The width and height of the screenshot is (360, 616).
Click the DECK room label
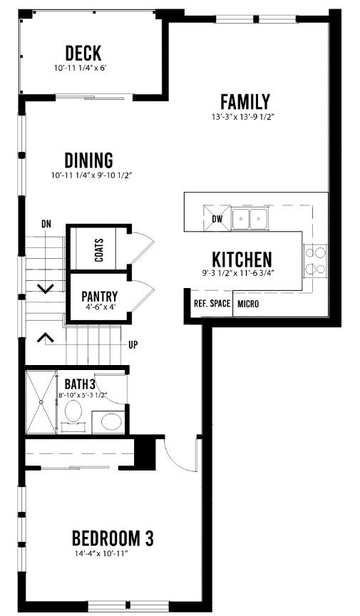point(83,53)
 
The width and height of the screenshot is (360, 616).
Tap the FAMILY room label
point(245,102)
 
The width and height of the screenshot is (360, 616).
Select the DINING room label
point(89,160)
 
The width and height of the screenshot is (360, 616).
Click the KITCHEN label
point(242,260)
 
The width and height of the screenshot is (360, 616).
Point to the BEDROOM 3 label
point(113,538)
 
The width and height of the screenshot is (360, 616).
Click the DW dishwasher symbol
point(217,219)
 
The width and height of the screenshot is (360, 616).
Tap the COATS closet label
point(99,250)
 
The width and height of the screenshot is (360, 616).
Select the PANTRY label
point(99,296)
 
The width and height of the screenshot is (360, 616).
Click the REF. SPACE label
point(212,304)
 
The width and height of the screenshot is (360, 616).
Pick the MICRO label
point(248,304)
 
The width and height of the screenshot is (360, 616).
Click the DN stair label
point(46,225)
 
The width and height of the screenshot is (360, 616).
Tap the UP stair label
point(133,345)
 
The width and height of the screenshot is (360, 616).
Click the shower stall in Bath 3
point(41,402)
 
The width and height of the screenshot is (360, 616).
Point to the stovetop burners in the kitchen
point(316,260)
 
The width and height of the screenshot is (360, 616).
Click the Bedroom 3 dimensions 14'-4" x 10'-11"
point(102,554)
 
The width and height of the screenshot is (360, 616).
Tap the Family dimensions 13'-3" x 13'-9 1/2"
point(242,117)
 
